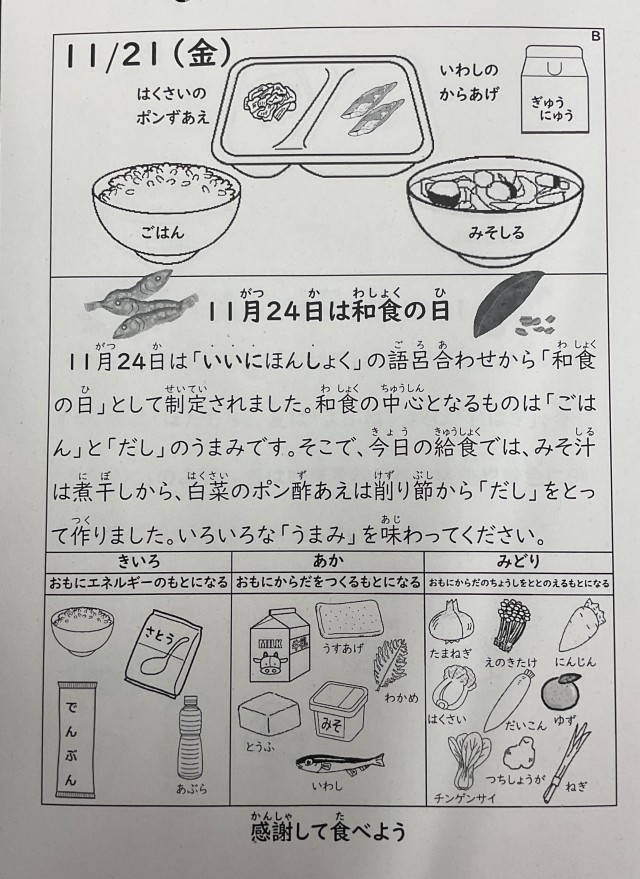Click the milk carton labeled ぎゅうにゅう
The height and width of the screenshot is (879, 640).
pos(555,89)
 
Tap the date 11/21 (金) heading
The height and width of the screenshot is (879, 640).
pos(147,55)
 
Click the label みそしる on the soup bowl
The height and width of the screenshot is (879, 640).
pos(496,233)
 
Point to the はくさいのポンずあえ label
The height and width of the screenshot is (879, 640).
pos(173,105)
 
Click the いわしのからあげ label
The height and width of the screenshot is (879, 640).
pos(469,82)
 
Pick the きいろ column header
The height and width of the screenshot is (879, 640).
pos(138,562)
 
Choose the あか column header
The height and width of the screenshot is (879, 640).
pos(328,562)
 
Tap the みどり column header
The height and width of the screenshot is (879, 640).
pos(518,562)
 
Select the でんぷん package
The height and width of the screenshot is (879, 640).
pos(77,739)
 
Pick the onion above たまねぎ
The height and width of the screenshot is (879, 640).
pos(451,623)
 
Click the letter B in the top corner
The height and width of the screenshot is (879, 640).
pos(596,36)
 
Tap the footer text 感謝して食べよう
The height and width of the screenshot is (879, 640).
pos(328,831)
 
